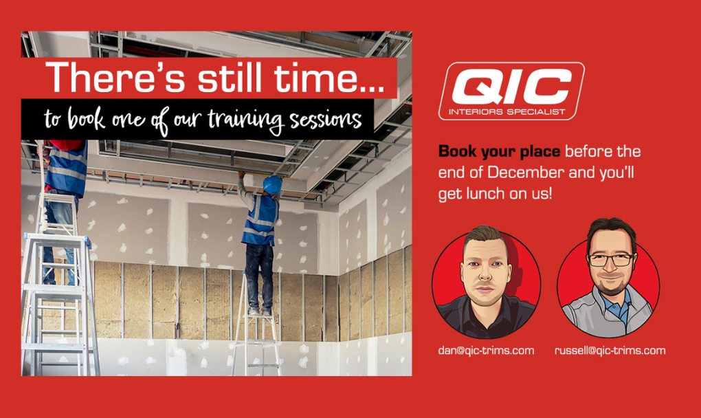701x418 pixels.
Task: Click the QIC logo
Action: (x=511, y=91)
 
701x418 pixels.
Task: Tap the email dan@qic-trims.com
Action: (x=486, y=351)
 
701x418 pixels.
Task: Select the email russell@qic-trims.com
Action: (x=610, y=351)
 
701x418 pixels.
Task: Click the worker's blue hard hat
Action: (x=272, y=185)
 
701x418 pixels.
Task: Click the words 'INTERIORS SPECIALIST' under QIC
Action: (x=507, y=112)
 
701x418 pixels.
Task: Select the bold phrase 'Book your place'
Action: (x=499, y=151)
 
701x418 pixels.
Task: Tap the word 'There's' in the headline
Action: (x=115, y=78)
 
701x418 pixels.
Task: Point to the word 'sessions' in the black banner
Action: (x=326, y=120)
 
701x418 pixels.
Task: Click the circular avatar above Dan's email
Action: (x=486, y=284)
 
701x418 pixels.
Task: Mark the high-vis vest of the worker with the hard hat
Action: (x=260, y=221)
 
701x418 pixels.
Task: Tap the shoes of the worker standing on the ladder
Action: (x=260, y=311)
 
